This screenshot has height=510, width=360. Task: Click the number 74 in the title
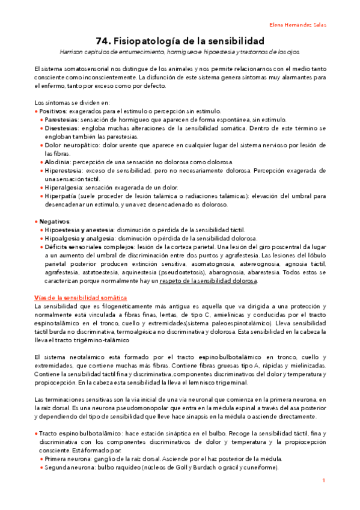(103, 41)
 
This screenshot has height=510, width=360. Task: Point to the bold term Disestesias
(61, 128)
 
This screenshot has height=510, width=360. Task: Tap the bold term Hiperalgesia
(63, 187)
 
